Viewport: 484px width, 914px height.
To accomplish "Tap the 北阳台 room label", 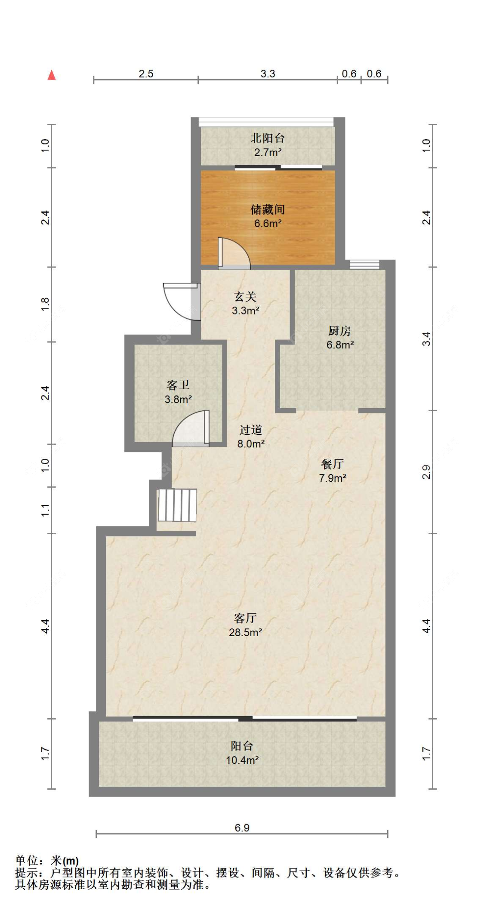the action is point(268,138).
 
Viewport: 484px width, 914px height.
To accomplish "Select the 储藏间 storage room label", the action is point(268,209).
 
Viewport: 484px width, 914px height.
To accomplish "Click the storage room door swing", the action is point(234,253).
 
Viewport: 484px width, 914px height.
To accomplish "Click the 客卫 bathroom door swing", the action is point(191,428).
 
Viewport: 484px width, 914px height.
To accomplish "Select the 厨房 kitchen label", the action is point(339,331).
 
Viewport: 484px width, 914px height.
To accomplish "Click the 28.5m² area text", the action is point(245,632).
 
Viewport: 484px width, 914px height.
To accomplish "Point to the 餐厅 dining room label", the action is point(332,464).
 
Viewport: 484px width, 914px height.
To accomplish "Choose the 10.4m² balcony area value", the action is point(242,760).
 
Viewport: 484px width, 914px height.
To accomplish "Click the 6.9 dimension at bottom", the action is point(242,828).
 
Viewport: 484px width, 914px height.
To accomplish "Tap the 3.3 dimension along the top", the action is point(268,74).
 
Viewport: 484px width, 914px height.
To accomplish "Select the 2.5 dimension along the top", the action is point(146,74).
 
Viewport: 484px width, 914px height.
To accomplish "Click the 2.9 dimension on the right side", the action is point(426,472).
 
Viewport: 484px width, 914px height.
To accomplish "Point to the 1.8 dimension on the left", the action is point(45,305).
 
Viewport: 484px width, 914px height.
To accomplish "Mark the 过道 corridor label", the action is point(250,429).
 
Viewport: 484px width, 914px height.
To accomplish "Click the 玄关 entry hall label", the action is point(245,296).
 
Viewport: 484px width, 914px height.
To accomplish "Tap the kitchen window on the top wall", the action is point(364,264).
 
